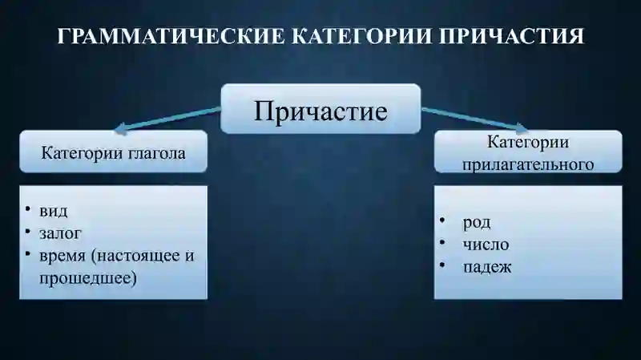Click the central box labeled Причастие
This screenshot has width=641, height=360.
pyautogui.click(x=320, y=109)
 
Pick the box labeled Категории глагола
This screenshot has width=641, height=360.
pyautogui.click(x=113, y=152)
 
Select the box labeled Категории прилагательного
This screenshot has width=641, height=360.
pyautogui.click(x=528, y=152)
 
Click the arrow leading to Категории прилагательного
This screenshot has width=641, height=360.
pyautogui.click(x=473, y=119)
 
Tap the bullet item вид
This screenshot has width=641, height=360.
pyautogui.click(x=53, y=212)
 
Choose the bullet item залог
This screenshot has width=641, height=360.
pyautogui.click(x=59, y=234)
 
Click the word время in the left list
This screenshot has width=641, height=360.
pyautogui.click(x=62, y=256)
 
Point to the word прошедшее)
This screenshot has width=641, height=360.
pyautogui.click(x=87, y=278)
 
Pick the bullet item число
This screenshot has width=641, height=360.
pyautogui.click(x=485, y=245)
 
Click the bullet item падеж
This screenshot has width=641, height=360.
pyautogui.click(x=486, y=267)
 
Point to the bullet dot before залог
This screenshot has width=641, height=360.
pyautogui.click(x=26, y=233)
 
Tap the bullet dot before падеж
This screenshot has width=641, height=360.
pyautogui.click(x=442, y=265)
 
